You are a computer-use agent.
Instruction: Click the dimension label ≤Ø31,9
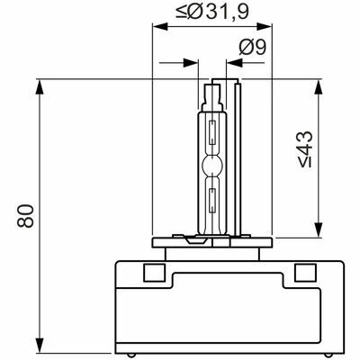click(212, 12)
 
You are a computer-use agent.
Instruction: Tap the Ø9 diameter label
click(253, 48)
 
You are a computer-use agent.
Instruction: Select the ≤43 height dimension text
click(305, 149)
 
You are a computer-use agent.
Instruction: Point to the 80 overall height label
click(25, 216)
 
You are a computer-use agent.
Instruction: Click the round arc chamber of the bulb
click(212, 165)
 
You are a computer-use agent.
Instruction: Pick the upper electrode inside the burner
click(212, 132)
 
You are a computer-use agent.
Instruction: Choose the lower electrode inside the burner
click(212, 200)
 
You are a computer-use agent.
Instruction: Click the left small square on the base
click(154, 273)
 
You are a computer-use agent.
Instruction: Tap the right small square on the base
click(305, 273)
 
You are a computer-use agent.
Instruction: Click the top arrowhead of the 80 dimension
click(40, 87)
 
